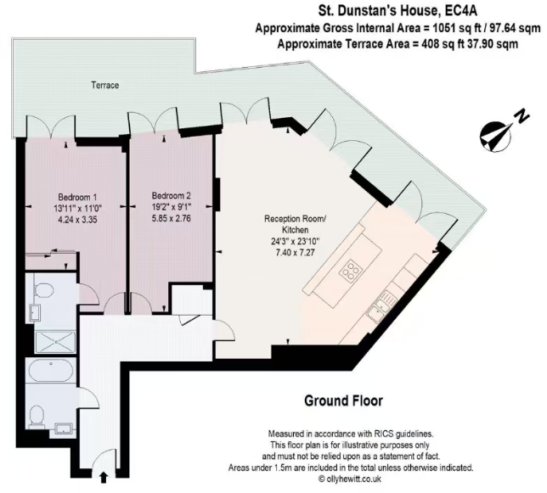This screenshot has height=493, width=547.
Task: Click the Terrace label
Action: pos(105,86)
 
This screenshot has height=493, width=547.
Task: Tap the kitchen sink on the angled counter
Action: pos(388,298)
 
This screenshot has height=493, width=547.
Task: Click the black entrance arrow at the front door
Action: pos(104,479)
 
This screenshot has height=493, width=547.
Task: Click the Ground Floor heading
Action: pos(343,401)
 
